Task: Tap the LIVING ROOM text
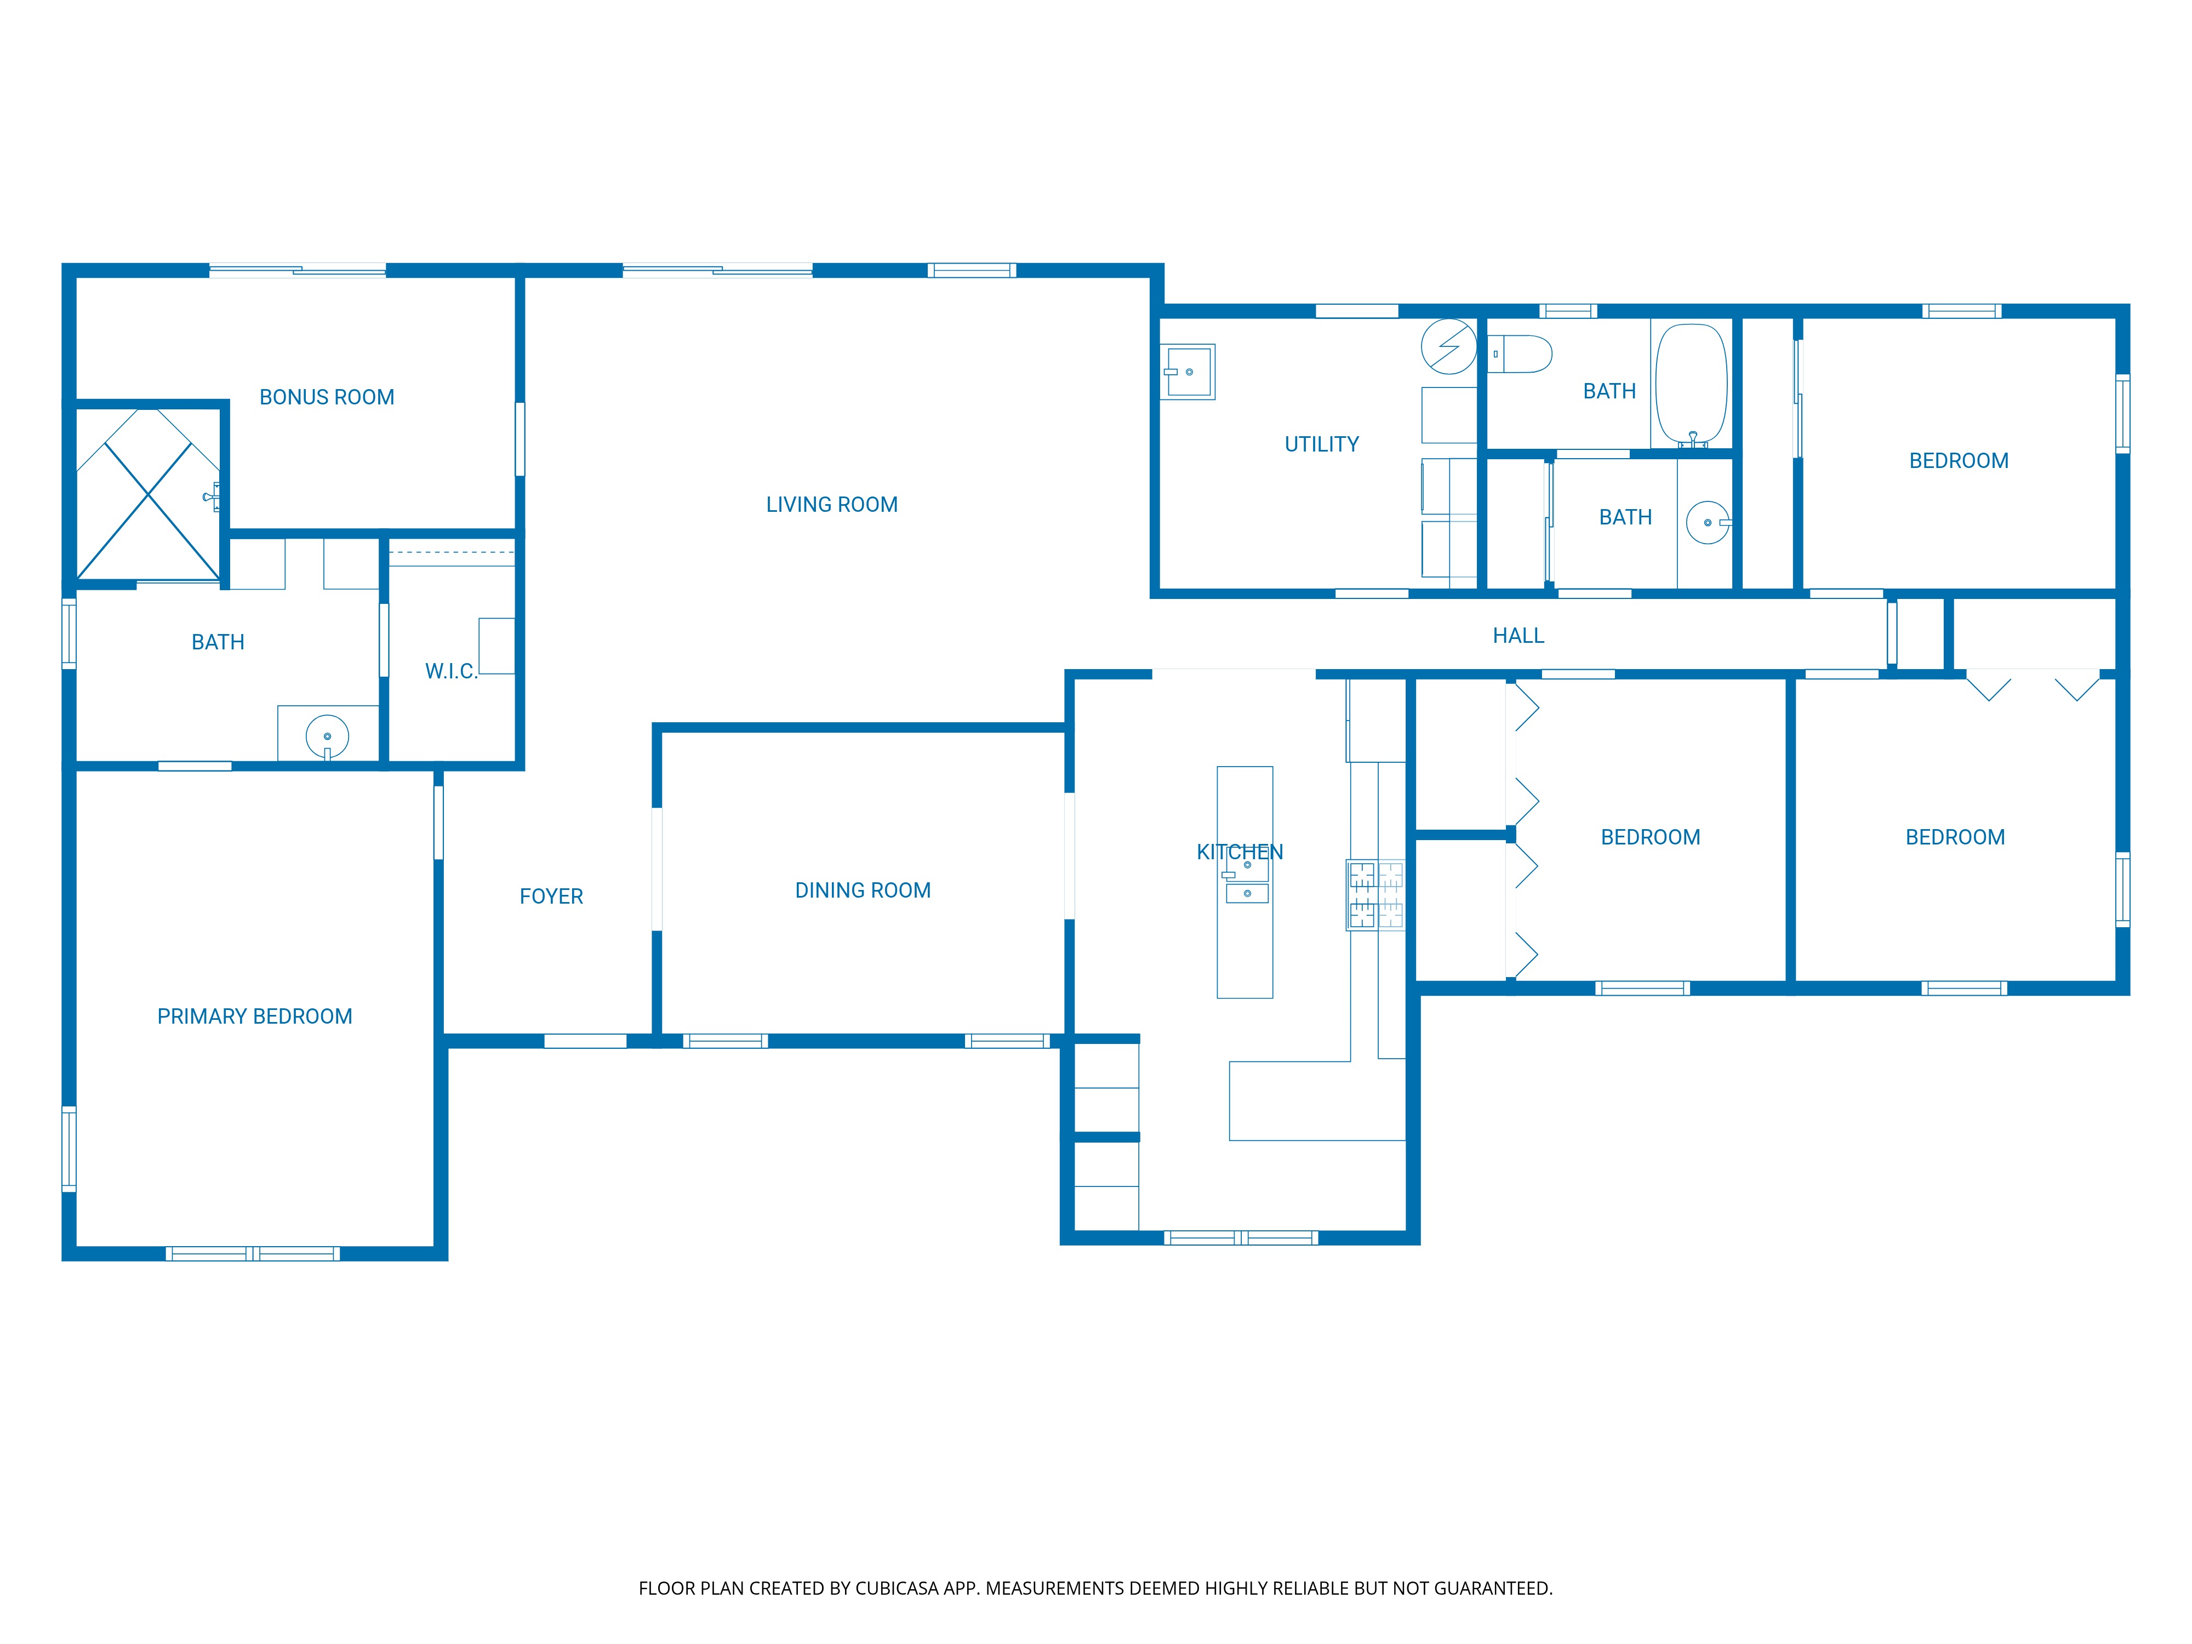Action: click(831, 504)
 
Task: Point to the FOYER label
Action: click(551, 896)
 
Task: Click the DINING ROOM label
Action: click(862, 890)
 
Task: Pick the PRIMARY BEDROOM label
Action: click(255, 1016)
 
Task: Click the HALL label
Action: click(1518, 635)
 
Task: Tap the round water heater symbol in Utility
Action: click(1449, 346)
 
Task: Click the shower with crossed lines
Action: click(147, 494)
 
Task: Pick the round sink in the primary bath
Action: click(327, 737)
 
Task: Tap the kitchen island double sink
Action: click(1247, 879)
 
